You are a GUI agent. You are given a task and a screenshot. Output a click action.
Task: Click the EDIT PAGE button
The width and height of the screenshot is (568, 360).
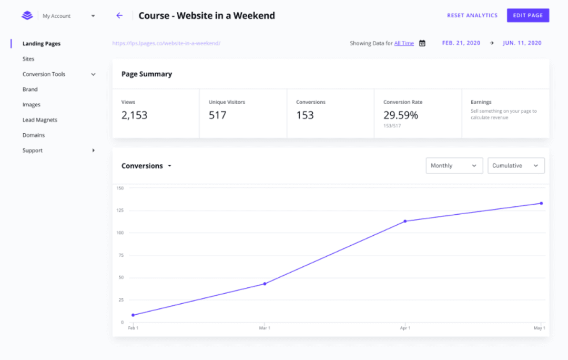[x=528, y=15]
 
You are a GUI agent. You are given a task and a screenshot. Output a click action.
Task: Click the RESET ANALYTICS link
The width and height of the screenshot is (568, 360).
[x=472, y=15]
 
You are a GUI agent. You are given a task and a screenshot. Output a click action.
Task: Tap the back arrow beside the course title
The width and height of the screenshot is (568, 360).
[x=119, y=16]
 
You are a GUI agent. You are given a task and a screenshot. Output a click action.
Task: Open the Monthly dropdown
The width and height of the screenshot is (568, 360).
[x=454, y=166]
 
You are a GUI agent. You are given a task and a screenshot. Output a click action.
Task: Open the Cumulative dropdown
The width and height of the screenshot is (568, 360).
[x=516, y=166]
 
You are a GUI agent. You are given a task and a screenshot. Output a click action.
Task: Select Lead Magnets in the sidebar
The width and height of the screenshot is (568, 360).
[x=39, y=120]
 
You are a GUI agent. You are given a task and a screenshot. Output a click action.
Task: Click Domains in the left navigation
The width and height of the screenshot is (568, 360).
[x=34, y=135]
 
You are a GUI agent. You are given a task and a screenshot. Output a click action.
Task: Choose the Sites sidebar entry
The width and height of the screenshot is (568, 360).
[x=28, y=59]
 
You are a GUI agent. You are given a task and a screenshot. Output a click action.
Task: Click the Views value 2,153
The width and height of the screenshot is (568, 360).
[x=134, y=115]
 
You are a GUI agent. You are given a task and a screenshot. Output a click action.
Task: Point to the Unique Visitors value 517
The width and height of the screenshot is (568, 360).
[x=217, y=115]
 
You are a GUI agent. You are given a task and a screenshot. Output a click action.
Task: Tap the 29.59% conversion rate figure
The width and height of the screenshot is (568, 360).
[x=400, y=115]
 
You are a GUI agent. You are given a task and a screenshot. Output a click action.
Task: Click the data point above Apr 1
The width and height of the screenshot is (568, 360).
[x=405, y=221]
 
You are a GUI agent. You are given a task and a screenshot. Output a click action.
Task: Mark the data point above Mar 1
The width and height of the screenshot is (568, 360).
[x=265, y=284]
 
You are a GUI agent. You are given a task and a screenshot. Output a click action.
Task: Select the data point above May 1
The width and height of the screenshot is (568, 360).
[x=541, y=203]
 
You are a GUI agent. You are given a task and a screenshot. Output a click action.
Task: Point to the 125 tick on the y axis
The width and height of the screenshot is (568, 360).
[x=120, y=211]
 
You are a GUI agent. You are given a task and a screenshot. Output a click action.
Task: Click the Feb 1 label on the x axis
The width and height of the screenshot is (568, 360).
[x=133, y=328]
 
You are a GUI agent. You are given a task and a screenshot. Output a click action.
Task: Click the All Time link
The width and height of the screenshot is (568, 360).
[x=404, y=43]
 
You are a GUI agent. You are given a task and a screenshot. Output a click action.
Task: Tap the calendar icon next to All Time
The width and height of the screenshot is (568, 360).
[x=422, y=43]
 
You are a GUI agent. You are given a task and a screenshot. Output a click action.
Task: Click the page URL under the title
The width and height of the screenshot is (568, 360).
[x=166, y=43]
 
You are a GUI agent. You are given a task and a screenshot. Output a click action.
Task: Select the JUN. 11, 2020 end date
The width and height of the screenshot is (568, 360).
[x=522, y=43]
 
